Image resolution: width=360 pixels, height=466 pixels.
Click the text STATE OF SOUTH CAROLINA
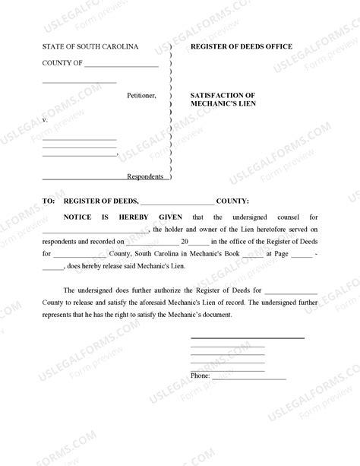[90, 47]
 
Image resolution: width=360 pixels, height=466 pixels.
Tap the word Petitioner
[141, 96]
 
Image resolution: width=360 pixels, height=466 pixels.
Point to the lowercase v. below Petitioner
[45, 120]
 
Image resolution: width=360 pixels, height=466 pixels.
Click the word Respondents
[145, 177]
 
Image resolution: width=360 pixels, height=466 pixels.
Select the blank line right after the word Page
[302, 255]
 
